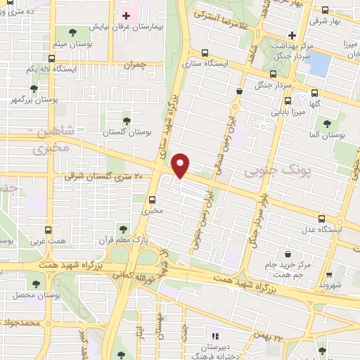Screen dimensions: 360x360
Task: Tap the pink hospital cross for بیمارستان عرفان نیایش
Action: [x=127, y=15]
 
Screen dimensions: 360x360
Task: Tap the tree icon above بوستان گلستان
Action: [x=127, y=120]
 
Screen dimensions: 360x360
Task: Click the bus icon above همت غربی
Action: [x=48, y=229]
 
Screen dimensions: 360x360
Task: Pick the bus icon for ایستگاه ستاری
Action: [x=205, y=53]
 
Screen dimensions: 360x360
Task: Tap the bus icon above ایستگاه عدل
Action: [x=322, y=218]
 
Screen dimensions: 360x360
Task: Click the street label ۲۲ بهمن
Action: [x=269, y=337]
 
